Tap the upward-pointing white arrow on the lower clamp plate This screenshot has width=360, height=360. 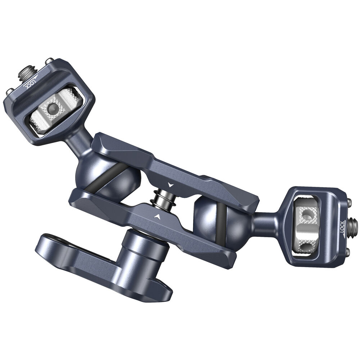(x=156, y=216)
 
